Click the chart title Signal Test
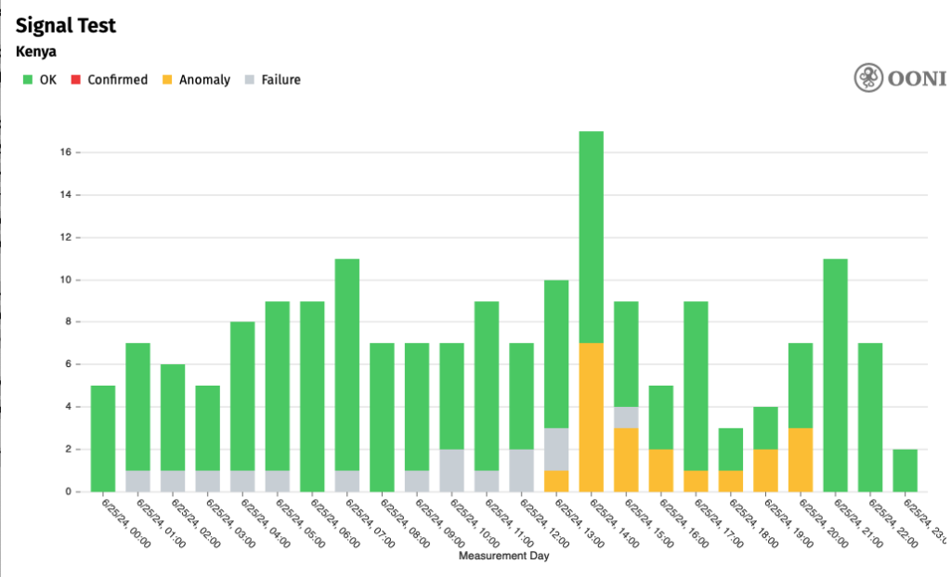pyautogui.click(x=66, y=25)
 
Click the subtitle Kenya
pyautogui.click(x=36, y=52)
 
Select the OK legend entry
pyautogui.click(x=40, y=80)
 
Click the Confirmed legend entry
pyautogui.click(x=111, y=80)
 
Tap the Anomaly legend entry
pyautogui.click(x=196, y=80)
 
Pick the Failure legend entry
pyautogui.click(x=272, y=80)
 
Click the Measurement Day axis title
pyautogui.click(x=503, y=557)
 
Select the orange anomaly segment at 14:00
pyautogui.click(x=592, y=417)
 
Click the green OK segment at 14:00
pyautogui.click(x=592, y=237)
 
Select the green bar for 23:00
pyautogui.click(x=905, y=470)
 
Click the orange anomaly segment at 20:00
pyautogui.click(x=801, y=460)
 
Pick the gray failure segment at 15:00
pyautogui.click(x=626, y=417)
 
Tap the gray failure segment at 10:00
pyautogui.click(x=451, y=470)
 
